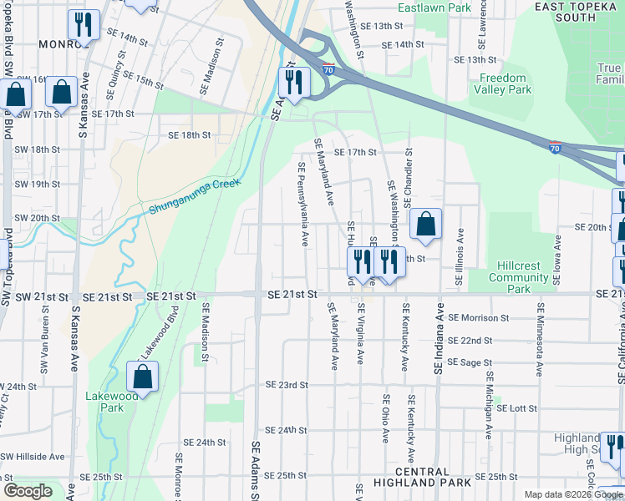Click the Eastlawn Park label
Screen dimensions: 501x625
pyautogui.click(x=424, y=8)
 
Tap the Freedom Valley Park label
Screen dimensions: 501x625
pyautogui.click(x=505, y=83)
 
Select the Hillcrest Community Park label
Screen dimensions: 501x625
pyautogui.click(x=519, y=277)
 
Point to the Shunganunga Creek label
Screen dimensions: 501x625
pyautogui.click(x=195, y=196)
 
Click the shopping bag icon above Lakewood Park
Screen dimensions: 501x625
pyautogui.click(x=143, y=377)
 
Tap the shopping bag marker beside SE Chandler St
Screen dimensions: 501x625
pyautogui.click(x=425, y=224)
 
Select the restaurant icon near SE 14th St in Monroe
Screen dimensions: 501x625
pyautogui.click(x=83, y=25)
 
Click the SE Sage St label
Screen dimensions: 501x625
pyautogui.click(x=466, y=362)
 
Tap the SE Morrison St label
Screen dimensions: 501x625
pyautogui.click(x=478, y=317)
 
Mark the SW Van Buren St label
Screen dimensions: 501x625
pyautogui.click(x=45, y=345)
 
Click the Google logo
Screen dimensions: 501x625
pyautogui.click(x=28, y=491)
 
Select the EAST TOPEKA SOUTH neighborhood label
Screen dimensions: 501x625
pyautogui.click(x=576, y=11)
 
